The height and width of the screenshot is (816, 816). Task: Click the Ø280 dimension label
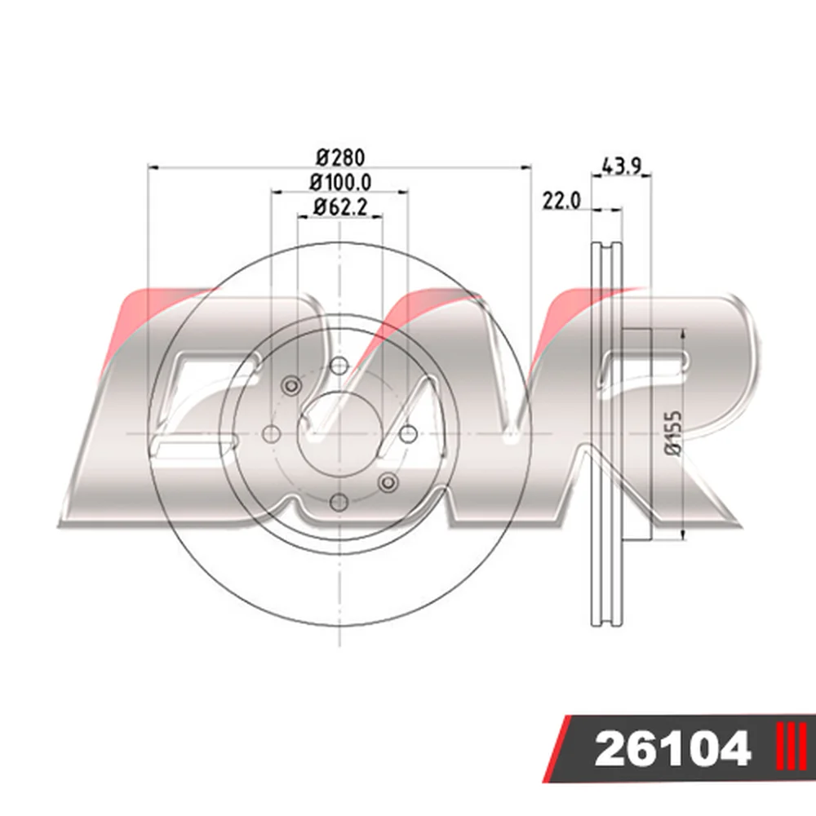pyautogui.click(x=341, y=157)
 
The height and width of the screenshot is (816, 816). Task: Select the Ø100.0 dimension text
pyautogui.click(x=341, y=182)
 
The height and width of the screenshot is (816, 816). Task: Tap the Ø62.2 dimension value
pyautogui.click(x=341, y=207)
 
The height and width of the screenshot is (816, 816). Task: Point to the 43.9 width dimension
pyautogui.click(x=622, y=166)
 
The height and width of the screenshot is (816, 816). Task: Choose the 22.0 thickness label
pyautogui.click(x=561, y=201)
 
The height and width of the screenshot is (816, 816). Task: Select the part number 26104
pyautogui.click(x=672, y=748)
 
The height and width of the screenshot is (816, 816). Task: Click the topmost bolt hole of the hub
pyautogui.click(x=339, y=366)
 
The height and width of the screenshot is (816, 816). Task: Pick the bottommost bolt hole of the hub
pyautogui.click(x=339, y=503)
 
